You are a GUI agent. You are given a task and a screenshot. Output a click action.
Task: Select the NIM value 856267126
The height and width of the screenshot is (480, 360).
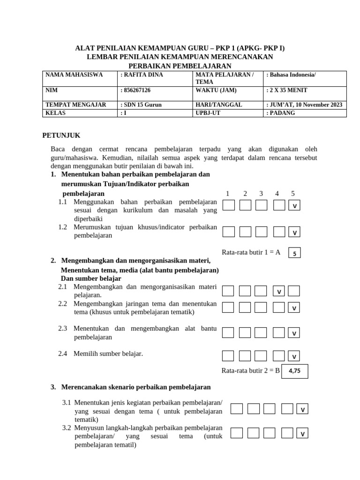[x=137, y=90]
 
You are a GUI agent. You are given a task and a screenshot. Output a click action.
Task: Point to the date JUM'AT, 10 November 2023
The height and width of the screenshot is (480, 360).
[x=306, y=105]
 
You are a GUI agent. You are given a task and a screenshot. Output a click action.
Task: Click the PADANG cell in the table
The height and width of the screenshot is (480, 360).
[x=282, y=113]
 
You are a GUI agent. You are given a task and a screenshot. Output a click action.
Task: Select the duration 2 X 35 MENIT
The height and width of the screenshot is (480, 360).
[x=288, y=90]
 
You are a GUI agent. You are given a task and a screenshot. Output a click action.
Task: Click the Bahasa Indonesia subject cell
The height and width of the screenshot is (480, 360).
[x=292, y=75]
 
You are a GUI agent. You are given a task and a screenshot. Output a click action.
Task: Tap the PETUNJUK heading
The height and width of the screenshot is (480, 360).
[x=61, y=135]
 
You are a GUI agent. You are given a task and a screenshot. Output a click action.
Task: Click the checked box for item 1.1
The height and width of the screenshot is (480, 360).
[x=294, y=206]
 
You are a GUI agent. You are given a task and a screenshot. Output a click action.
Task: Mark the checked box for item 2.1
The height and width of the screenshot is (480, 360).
[x=279, y=292]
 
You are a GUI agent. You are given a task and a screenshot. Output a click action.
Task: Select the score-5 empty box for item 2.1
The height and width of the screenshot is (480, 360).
[x=294, y=291]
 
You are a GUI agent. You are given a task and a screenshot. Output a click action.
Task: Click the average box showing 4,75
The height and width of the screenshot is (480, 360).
[x=294, y=371]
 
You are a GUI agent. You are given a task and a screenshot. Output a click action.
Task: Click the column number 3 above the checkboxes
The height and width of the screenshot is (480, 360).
[x=261, y=194]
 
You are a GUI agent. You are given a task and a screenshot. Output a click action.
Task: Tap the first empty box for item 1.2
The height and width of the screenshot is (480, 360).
[x=229, y=232]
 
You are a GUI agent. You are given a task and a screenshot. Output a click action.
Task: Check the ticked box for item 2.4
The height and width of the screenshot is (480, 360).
[x=294, y=356]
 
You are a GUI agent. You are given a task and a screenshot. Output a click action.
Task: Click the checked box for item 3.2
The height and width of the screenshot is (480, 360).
[x=302, y=434]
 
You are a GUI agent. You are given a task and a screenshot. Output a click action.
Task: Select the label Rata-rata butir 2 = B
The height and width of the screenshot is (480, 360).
[x=250, y=371]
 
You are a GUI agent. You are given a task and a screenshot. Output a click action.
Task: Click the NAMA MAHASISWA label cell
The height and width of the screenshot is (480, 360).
[x=74, y=75]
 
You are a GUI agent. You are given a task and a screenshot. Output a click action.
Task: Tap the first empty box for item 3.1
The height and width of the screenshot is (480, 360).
[x=237, y=409]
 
